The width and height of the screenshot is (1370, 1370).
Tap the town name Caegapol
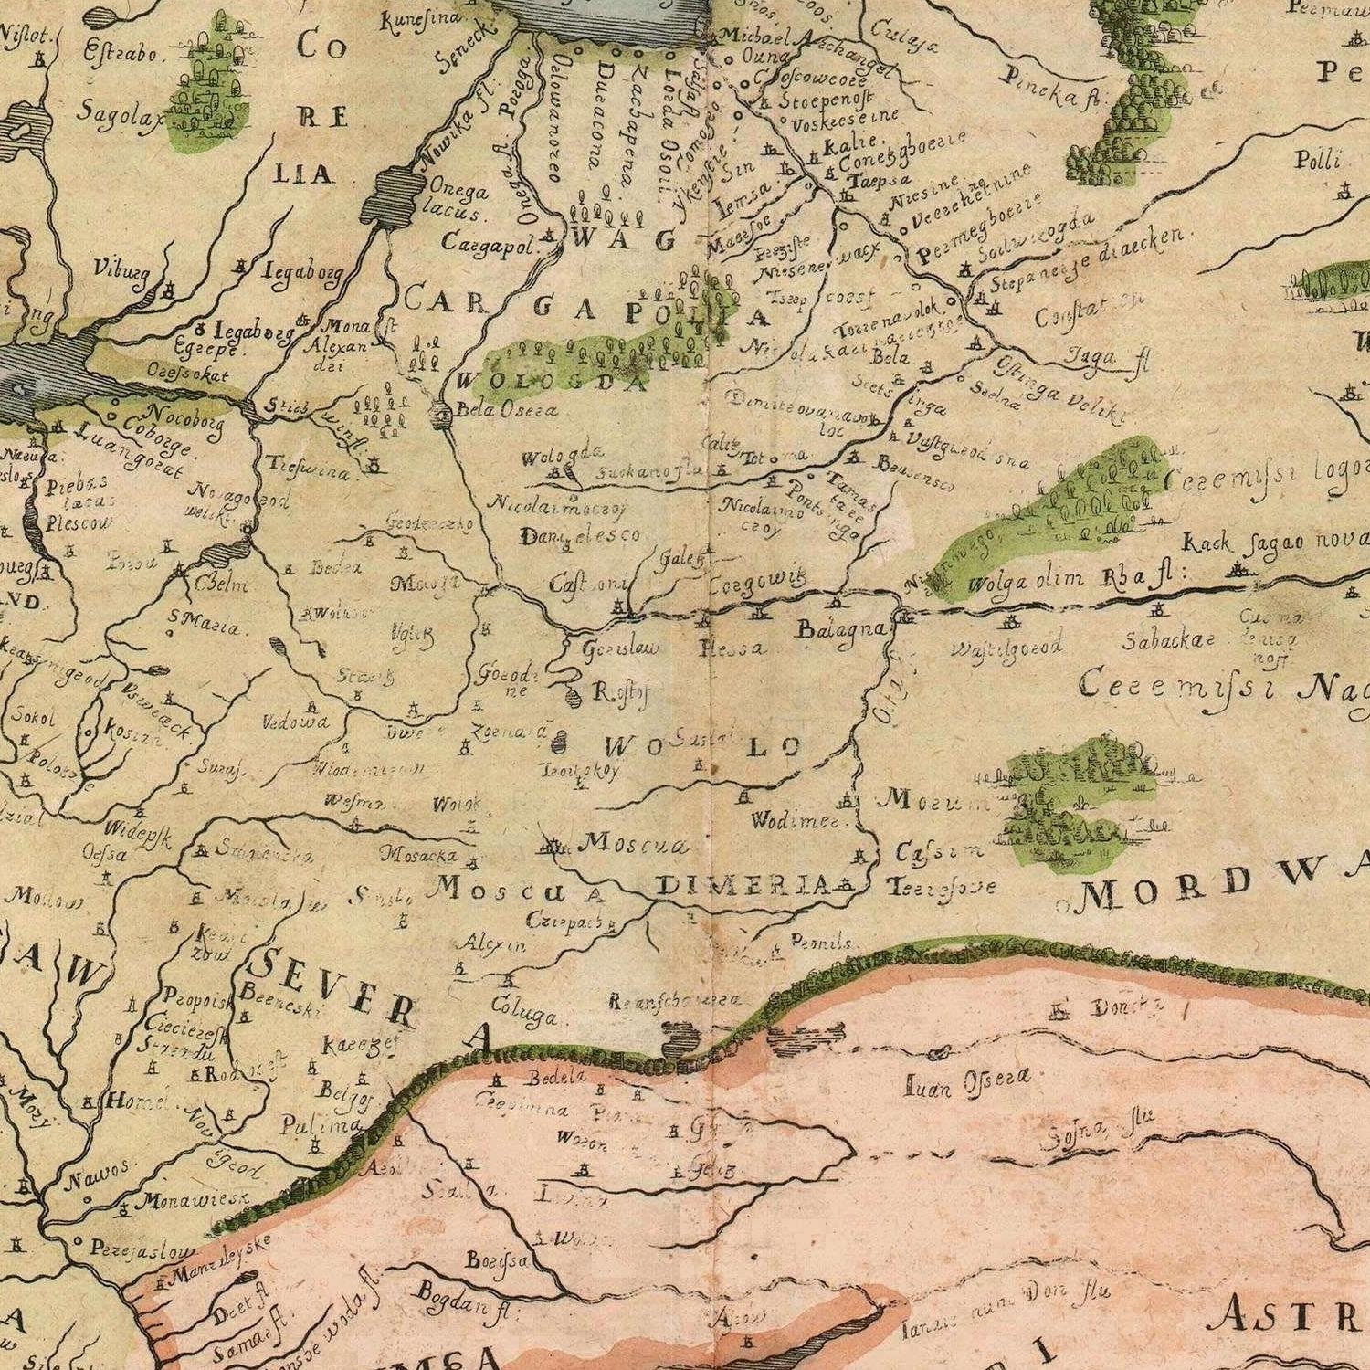(492, 244)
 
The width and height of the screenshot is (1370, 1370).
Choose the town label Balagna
(841, 629)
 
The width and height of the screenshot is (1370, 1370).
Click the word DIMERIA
(743, 884)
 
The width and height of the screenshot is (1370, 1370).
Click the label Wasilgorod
(1006, 648)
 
